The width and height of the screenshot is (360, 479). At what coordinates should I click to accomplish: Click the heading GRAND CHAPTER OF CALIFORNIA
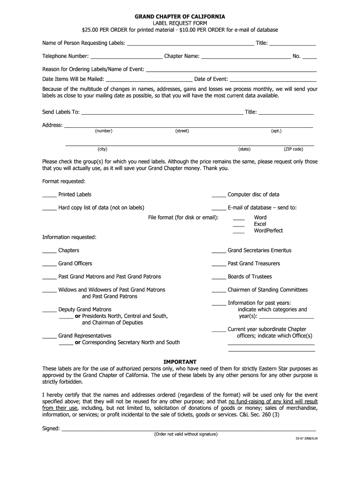click(x=180, y=17)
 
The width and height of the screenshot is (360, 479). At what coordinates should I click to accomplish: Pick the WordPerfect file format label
click(x=268, y=231)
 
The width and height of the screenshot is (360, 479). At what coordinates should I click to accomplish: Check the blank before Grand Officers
click(x=50, y=265)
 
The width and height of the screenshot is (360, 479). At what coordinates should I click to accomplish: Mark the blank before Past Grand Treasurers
click(x=219, y=265)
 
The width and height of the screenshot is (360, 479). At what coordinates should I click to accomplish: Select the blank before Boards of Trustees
click(x=219, y=278)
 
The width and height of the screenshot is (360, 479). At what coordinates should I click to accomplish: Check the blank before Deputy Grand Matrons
click(x=50, y=311)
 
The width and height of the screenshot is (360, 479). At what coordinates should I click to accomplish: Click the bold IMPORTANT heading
click(x=180, y=362)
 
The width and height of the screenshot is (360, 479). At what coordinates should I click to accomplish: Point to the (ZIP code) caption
click(x=293, y=149)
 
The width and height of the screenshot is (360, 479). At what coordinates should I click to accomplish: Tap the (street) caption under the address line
click(x=182, y=131)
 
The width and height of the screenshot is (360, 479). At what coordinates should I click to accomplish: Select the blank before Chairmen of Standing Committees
click(x=219, y=291)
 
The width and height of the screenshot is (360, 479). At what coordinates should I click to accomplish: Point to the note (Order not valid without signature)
click(x=186, y=434)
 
